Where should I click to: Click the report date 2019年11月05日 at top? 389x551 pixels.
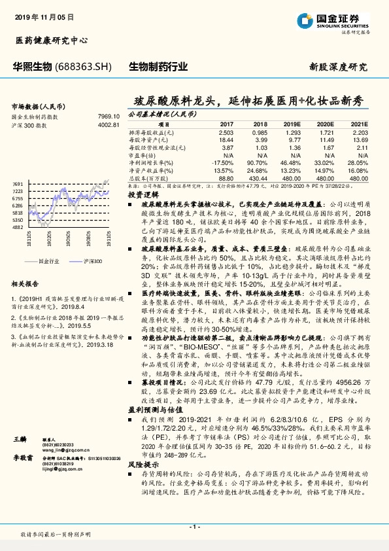44,14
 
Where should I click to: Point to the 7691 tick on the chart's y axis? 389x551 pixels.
18,185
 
